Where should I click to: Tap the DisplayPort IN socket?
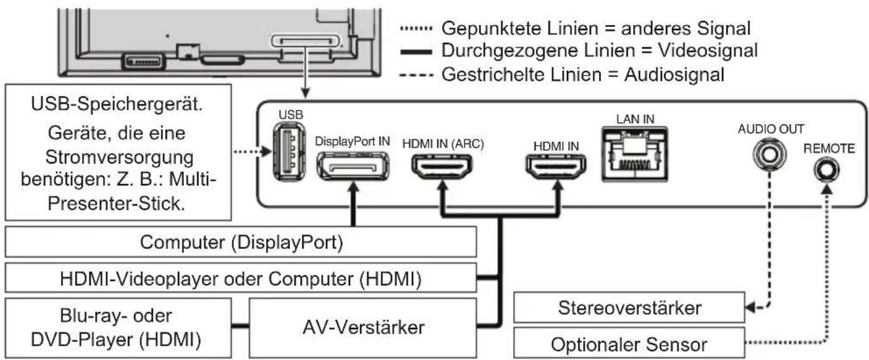(353, 165)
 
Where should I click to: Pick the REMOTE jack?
(824, 171)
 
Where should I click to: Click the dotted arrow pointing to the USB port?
(253, 152)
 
